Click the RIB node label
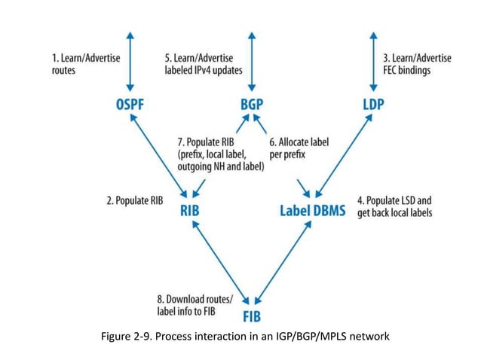pyautogui.click(x=190, y=211)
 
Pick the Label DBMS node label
pyautogui.click(x=312, y=211)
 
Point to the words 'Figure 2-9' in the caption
pyautogui.click(x=124, y=336)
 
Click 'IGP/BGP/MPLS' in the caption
pyautogui.click(x=316, y=336)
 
